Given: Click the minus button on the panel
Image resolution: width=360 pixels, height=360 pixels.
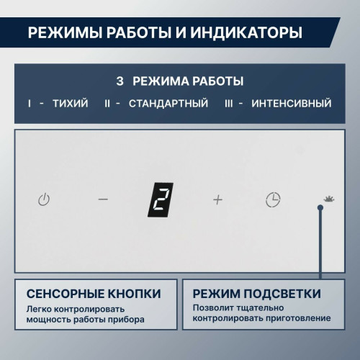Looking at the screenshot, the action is [x=103, y=199].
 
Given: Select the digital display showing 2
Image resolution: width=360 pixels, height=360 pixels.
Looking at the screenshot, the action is [x=161, y=200].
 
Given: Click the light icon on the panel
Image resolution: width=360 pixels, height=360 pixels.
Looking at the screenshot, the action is [x=329, y=199].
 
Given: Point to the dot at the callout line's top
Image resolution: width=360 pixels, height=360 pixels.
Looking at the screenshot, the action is [x=320, y=207].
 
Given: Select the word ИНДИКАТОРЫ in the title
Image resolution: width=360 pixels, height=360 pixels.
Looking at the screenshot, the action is [x=246, y=32].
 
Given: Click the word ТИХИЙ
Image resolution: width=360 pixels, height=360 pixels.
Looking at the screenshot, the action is [x=71, y=104].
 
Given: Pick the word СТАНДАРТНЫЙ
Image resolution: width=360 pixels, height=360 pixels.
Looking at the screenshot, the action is [x=168, y=104].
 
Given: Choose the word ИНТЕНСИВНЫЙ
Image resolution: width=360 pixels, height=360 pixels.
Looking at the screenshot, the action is [x=292, y=104].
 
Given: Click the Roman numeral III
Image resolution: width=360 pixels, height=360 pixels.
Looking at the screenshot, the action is [x=229, y=104].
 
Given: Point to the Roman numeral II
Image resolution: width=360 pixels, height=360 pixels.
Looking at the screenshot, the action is [x=107, y=104].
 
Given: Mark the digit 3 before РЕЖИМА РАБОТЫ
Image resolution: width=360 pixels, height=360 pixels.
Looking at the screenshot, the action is [x=120, y=81].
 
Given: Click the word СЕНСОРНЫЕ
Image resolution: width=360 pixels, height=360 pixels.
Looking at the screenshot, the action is [x=65, y=294].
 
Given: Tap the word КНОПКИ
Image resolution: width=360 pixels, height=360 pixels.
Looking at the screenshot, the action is [x=134, y=294].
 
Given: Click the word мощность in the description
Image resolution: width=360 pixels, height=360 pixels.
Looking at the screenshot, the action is [x=48, y=320].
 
